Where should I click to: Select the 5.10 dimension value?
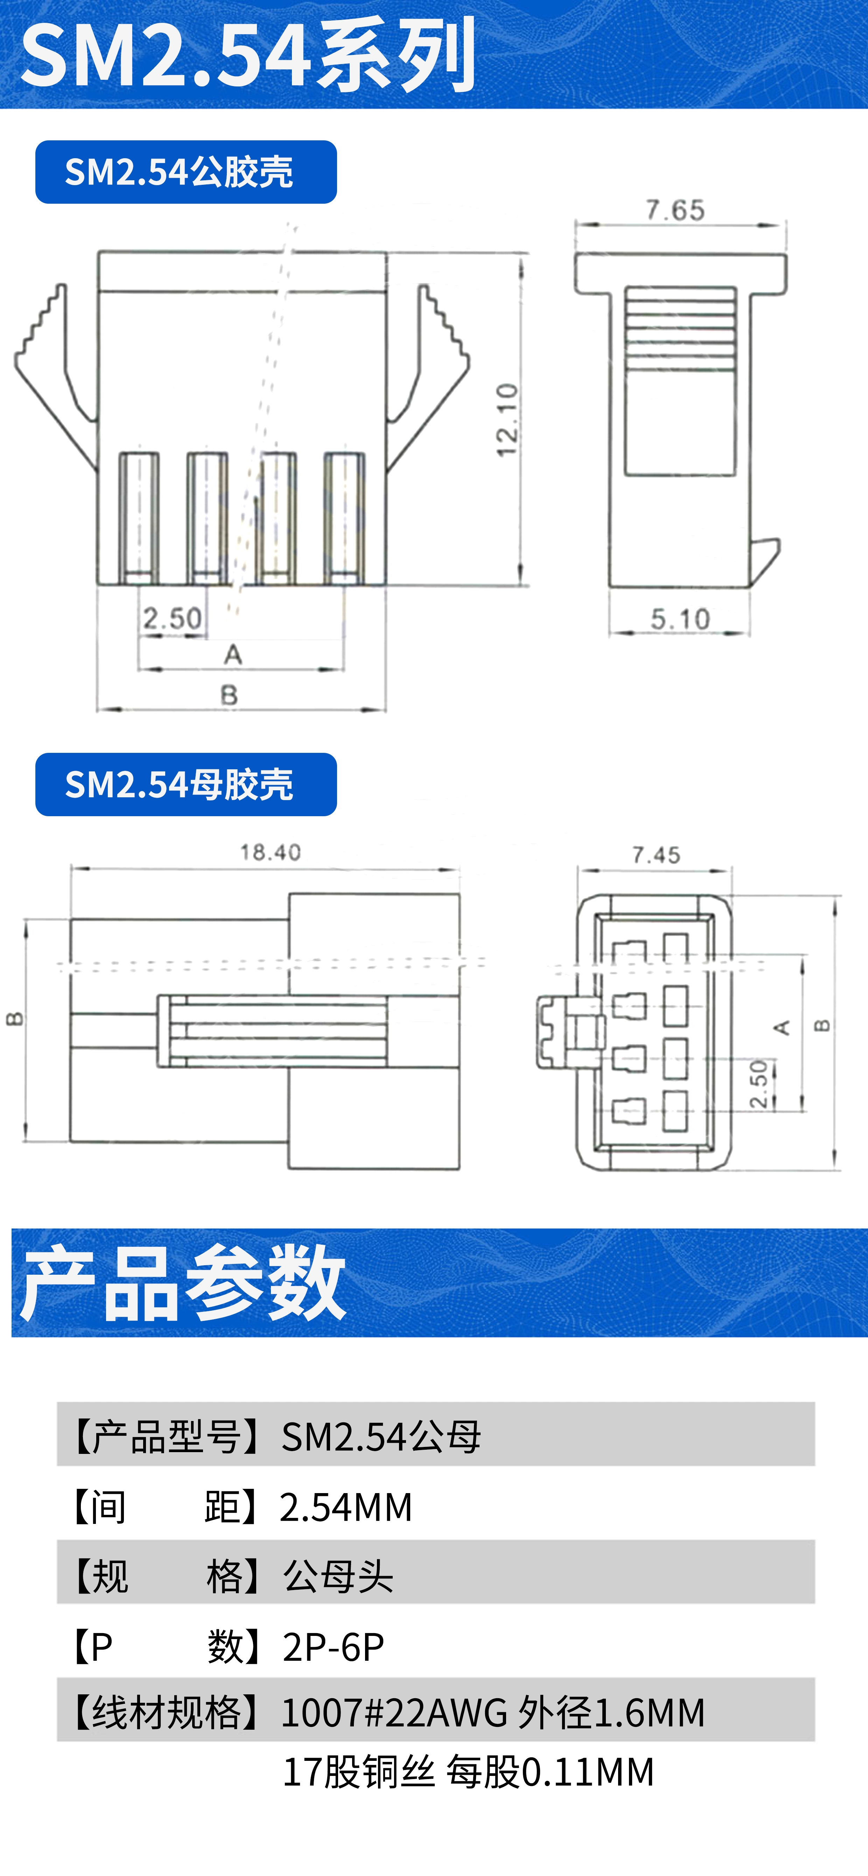click(x=679, y=620)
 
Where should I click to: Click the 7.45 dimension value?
click(x=656, y=855)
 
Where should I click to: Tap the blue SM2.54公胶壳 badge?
click(x=186, y=172)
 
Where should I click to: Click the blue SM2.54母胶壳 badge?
click(x=186, y=784)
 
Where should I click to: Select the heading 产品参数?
click(x=182, y=1284)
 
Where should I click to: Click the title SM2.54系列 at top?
click(x=247, y=55)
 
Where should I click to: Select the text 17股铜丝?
click(x=358, y=1772)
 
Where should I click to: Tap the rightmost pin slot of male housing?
click(x=344, y=517)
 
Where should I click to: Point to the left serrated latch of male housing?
click(x=51, y=364)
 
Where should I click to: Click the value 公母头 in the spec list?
click(x=338, y=1577)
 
